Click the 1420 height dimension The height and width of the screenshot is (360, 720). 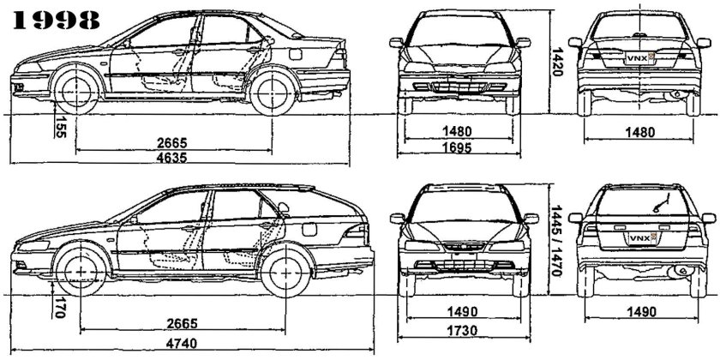pyautogui.click(x=558, y=63)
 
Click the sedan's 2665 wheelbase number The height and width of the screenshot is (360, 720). pyautogui.click(x=173, y=142)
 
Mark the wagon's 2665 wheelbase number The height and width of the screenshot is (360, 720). pyautogui.click(x=180, y=323)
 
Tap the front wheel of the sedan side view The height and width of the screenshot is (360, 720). pyautogui.click(x=75, y=86)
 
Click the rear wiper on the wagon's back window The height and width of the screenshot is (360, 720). pyautogui.click(x=657, y=205)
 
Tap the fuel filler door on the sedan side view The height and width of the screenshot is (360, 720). pyautogui.click(x=296, y=56)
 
